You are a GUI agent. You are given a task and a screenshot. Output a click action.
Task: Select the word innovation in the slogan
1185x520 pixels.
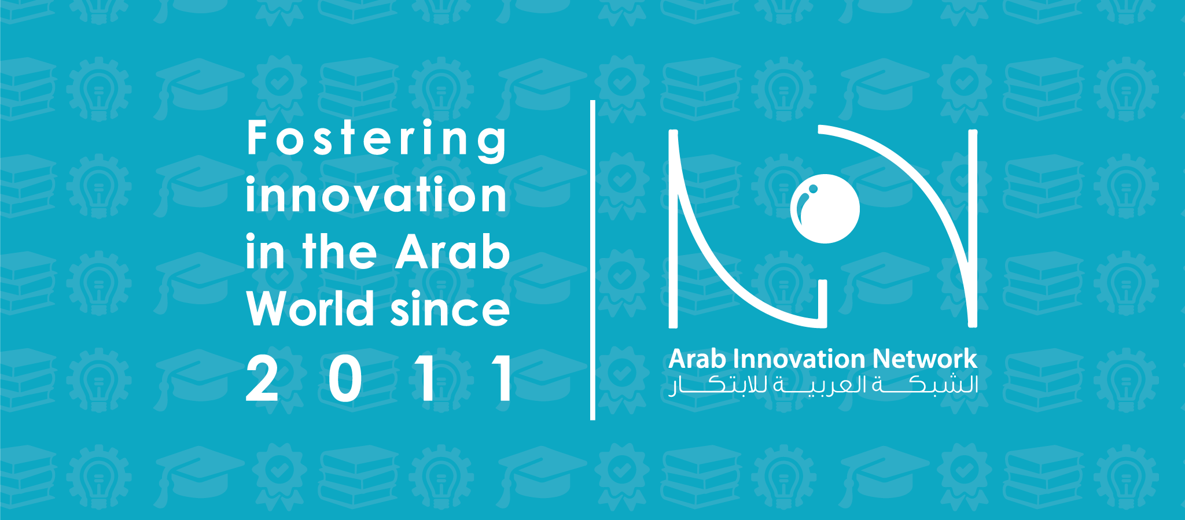click(376, 196)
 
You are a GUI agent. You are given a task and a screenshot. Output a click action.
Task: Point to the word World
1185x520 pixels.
click(310, 309)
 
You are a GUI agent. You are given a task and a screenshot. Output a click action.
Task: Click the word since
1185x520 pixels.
click(450, 309)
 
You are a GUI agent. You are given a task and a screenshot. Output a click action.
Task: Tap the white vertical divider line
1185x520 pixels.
click(592, 260)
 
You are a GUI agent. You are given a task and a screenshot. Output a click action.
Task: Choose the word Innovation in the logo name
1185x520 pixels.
click(800, 359)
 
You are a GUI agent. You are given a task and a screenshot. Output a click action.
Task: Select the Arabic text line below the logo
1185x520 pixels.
click(823, 386)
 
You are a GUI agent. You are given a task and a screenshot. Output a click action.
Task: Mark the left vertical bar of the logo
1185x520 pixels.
click(673, 228)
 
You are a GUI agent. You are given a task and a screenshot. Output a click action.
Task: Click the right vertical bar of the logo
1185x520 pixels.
click(973, 228)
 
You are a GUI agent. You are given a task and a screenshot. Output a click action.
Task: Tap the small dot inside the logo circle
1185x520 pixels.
click(813, 189)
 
